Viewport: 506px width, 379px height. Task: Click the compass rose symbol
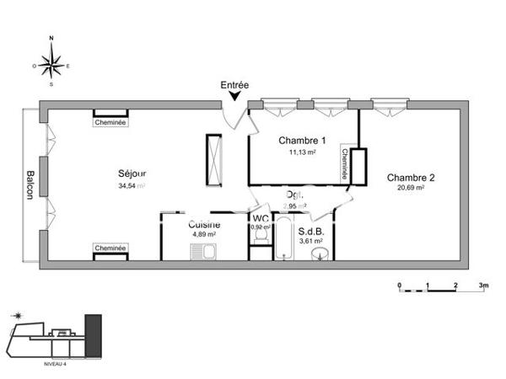coord(52,61)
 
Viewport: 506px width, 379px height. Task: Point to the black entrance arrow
coord(234,99)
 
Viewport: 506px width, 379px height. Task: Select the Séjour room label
coord(132,173)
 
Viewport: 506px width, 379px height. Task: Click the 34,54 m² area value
coord(132,185)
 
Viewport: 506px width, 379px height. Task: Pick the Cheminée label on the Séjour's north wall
coord(110,122)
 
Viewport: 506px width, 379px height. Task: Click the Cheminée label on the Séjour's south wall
coord(110,248)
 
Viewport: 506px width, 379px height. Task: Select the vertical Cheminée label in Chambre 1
coord(345,165)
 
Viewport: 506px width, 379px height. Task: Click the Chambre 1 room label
coord(299,141)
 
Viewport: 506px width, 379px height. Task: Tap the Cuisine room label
coord(204,225)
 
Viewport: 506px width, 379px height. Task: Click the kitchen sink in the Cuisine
coord(203,249)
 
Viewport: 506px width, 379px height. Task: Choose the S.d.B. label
coord(313,230)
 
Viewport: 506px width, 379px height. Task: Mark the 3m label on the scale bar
coord(483,285)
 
